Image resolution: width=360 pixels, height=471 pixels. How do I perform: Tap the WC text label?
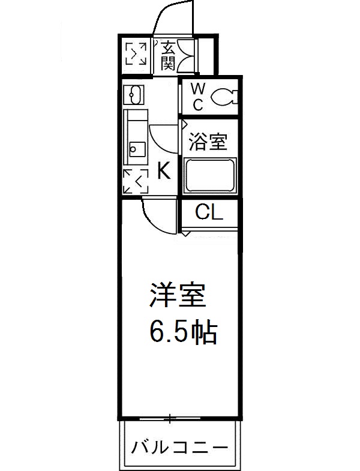click(x=198, y=96)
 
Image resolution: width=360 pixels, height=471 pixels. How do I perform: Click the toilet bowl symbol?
click(x=224, y=96)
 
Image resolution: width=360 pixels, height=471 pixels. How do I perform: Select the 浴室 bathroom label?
click(x=208, y=142)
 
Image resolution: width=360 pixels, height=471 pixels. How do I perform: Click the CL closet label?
click(x=209, y=212)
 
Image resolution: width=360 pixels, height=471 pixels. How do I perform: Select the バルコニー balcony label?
click(x=180, y=447)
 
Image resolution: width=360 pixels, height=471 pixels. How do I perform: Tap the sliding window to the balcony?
click(x=170, y=418)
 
